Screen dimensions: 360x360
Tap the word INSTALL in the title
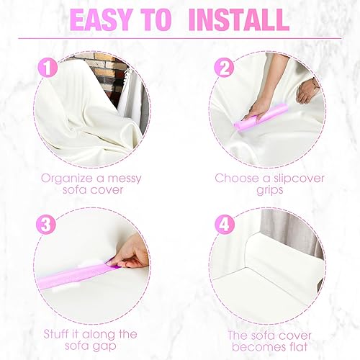(x=238, y=19)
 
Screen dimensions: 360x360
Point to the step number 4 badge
(x=225, y=224)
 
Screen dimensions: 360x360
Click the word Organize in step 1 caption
(x=67, y=177)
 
